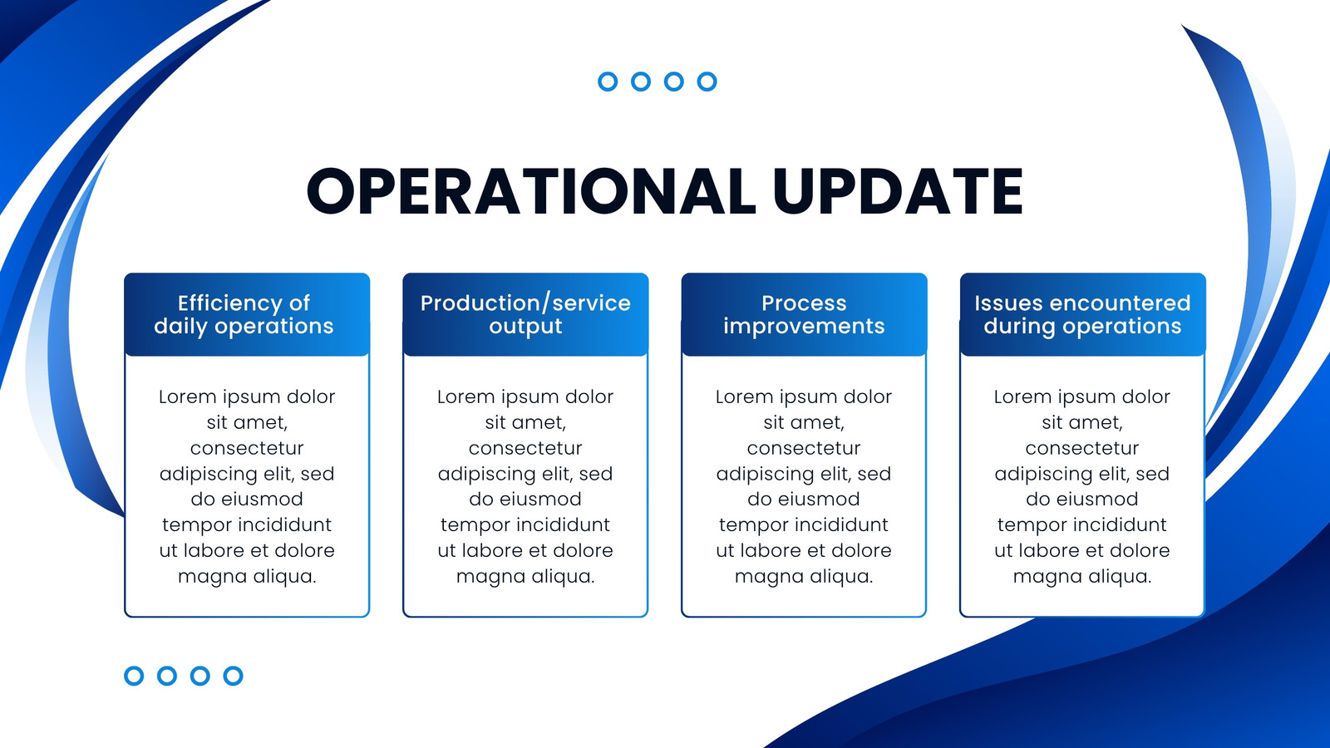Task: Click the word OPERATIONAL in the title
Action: pyautogui.click(x=531, y=190)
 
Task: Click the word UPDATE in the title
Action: pyautogui.click(x=899, y=190)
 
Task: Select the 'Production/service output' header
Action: pyautogui.click(x=525, y=315)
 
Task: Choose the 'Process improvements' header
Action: pyautogui.click(x=804, y=315)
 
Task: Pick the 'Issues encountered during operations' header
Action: pyautogui.click(x=1082, y=315)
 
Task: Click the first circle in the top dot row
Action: pyautogui.click(x=608, y=81)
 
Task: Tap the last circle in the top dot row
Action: pyautogui.click(x=707, y=81)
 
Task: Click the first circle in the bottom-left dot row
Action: pyautogui.click(x=134, y=676)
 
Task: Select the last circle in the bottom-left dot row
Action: pyautogui.click(x=233, y=676)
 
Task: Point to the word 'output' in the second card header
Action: pyautogui.click(x=525, y=327)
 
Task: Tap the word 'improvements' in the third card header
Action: pyautogui.click(x=804, y=327)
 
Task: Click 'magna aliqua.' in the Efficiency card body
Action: pyautogui.click(x=247, y=577)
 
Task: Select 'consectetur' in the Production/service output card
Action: pyautogui.click(x=525, y=448)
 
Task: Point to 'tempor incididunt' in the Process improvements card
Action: pyautogui.click(x=804, y=525)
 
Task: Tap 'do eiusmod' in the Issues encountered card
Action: pyautogui.click(x=1082, y=499)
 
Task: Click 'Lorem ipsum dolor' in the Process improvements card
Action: pyautogui.click(x=804, y=397)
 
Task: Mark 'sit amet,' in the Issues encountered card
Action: pyautogui.click(x=1082, y=423)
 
